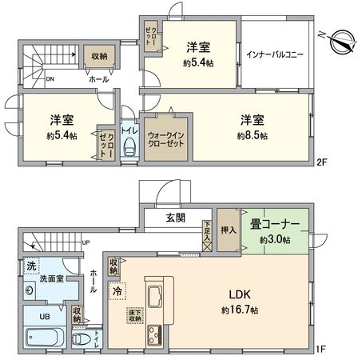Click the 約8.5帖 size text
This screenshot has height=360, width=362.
pos(252,137)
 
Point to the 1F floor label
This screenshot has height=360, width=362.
pos(320,348)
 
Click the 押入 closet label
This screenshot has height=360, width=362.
pos(227,228)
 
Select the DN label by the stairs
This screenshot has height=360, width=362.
pos(50,80)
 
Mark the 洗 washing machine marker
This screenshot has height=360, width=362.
pos(31,266)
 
